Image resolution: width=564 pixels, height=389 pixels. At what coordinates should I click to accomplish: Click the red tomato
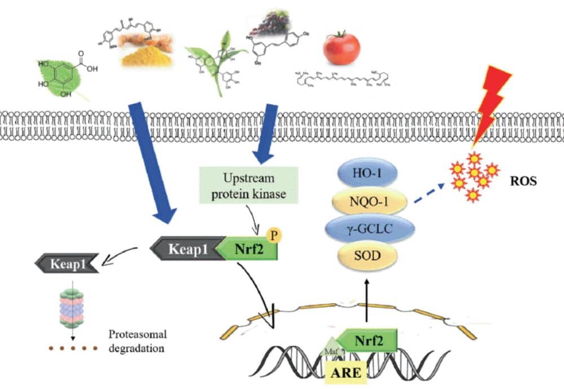point(341,48)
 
